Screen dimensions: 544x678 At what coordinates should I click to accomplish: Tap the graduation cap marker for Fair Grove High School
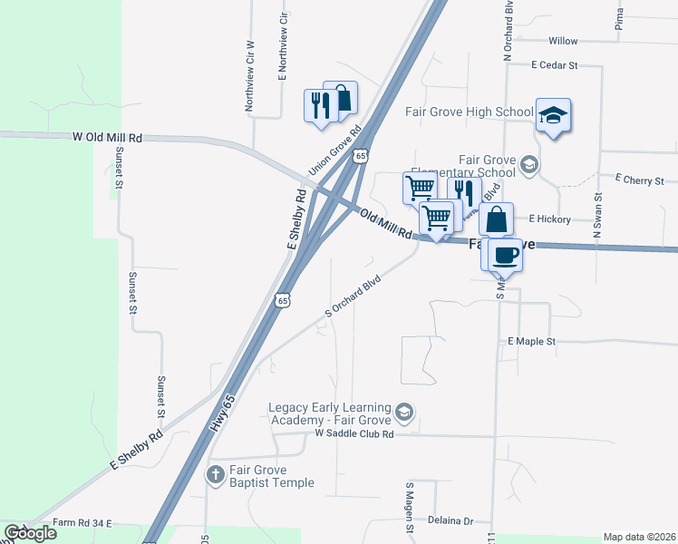pyautogui.click(x=553, y=115)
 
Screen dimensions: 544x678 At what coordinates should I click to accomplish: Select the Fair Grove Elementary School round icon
pyautogui.click(x=529, y=165)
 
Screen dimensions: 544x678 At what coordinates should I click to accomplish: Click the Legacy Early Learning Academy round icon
pyautogui.click(x=404, y=414)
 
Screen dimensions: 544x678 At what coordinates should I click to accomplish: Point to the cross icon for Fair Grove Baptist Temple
pyautogui.click(x=216, y=473)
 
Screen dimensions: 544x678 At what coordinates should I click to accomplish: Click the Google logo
pyautogui.click(x=30, y=533)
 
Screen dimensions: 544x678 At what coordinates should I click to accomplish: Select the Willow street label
pyautogui.click(x=563, y=41)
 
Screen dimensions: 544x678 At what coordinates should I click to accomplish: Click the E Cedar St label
pyautogui.click(x=554, y=66)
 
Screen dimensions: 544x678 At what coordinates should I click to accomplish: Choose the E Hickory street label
pyautogui.click(x=549, y=219)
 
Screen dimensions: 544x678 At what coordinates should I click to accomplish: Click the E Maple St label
pyautogui.click(x=530, y=342)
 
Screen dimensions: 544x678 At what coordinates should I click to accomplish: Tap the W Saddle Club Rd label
pyautogui.click(x=354, y=435)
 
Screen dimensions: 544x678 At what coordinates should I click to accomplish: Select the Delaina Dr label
pyautogui.click(x=456, y=521)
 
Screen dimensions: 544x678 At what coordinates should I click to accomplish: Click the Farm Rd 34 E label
pyautogui.click(x=82, y=523)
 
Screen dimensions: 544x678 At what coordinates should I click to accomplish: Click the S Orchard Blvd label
pyautogui.click(x=351, y=297)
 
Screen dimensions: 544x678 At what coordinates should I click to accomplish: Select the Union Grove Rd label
pyautogui.click(x=334, y=150)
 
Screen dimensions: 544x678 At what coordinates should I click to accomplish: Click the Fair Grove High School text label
pyautogui.click(x=469, y=112)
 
